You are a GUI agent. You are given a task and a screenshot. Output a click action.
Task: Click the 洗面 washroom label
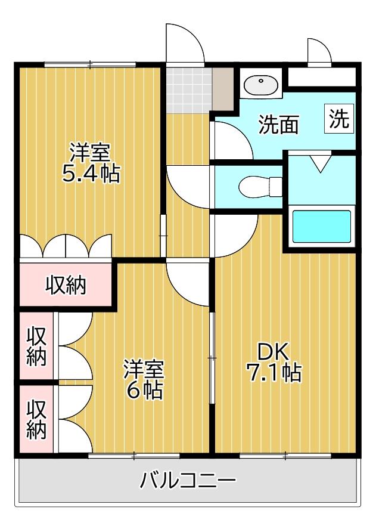click(278, 125)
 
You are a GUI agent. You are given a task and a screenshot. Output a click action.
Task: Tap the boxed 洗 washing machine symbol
click(339, 119)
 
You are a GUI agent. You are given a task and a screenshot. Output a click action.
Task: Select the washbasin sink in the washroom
click(261, 86)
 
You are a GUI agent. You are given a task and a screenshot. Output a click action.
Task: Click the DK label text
click(274, 350)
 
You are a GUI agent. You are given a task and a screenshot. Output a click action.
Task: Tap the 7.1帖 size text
click(274, 373)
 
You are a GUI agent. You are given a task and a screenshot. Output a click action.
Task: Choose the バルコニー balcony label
click(188, 480)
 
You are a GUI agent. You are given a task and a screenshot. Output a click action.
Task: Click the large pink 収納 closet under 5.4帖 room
click(66, 285)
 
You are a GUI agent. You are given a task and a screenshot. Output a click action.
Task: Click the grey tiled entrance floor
click(188, 89)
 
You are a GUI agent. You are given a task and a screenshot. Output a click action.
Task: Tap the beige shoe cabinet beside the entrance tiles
click(223, 88)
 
